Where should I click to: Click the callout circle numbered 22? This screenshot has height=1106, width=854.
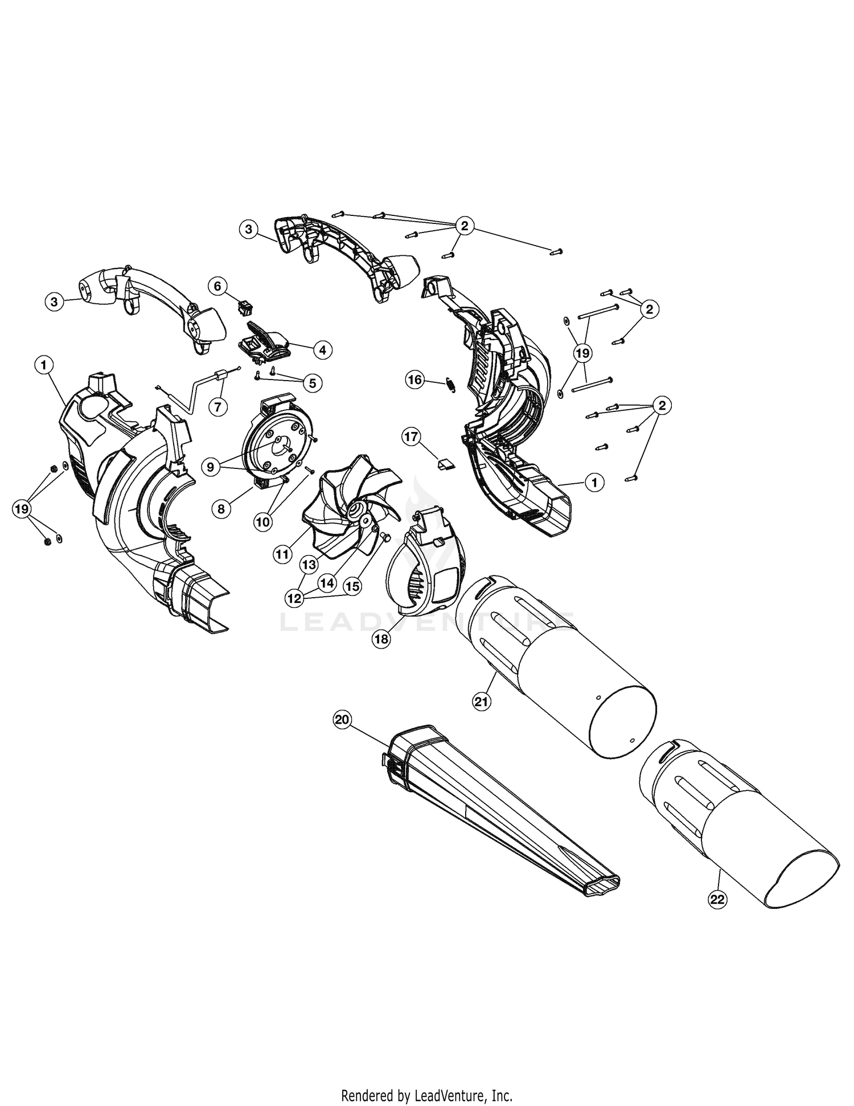[x=717, y=899]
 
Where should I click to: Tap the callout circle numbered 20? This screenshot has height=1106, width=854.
[x=342, y=720]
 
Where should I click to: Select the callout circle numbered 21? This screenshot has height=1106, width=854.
[x=482, y=702]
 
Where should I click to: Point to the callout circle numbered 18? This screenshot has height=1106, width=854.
[x=381, y=639]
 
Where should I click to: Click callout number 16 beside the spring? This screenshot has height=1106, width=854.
[x=415, y=379]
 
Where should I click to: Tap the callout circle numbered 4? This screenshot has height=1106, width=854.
[x=322, y=350]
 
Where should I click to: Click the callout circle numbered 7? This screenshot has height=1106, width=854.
[x=217, y=406]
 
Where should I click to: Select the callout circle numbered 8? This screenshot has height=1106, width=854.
[x=221, y=509]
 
